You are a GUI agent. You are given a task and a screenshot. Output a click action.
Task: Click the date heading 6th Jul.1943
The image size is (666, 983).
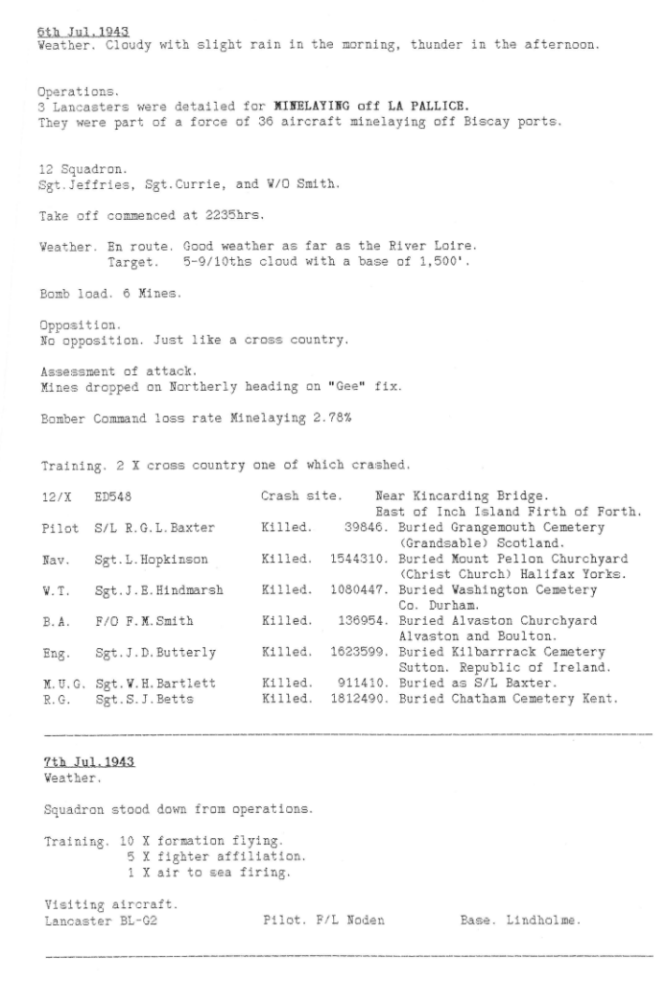(82, 32)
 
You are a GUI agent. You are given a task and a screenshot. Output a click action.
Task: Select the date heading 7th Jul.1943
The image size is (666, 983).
(88, 761)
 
